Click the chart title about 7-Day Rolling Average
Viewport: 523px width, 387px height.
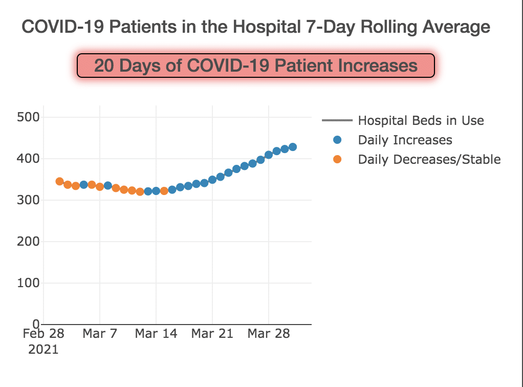256,27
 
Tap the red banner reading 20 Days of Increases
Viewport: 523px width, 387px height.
256,66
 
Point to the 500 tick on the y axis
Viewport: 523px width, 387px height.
29,117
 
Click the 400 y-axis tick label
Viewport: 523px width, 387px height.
29,159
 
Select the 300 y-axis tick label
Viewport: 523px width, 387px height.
29,200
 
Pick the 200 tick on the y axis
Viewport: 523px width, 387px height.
29,242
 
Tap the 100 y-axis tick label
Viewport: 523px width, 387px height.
29,283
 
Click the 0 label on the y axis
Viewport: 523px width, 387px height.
36,324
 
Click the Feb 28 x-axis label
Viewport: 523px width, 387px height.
43,334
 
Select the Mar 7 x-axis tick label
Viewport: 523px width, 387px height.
100,334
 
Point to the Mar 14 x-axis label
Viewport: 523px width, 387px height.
156,334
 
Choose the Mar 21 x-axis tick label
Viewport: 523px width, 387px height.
212,334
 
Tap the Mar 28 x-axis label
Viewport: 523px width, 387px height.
268,334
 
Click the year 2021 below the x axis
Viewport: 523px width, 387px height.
43,350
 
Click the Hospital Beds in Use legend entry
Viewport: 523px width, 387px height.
421,121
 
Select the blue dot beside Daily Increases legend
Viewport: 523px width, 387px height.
337,140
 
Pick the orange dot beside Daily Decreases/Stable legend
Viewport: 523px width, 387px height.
337,159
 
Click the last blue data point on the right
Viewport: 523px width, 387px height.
293,147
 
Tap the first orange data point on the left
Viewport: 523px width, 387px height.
59,181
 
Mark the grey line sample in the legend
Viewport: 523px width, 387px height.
337,121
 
